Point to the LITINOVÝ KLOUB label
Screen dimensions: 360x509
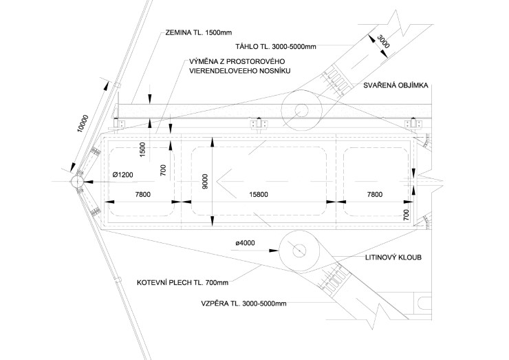coord(393,257)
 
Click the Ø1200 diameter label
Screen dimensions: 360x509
coord(123,175)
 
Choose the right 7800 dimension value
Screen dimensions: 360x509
coord(374,195)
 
